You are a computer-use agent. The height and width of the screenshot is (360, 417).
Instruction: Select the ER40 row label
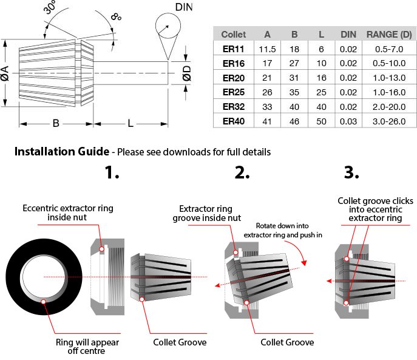tap(233, 121)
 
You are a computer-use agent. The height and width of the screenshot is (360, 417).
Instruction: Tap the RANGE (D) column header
tap(389, 35)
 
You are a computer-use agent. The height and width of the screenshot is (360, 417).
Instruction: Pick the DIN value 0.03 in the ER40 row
tap(348, 121)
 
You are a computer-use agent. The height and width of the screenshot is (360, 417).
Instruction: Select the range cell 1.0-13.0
tap(389, 78)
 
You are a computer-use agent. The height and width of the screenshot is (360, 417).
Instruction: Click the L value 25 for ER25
tap(321, 92)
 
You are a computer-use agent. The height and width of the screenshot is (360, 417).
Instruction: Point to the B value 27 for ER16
tap(294, 63)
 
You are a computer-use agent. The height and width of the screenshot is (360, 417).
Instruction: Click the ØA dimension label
tap(5, 73)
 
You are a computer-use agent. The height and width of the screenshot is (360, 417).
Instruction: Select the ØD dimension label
tap(187, 73)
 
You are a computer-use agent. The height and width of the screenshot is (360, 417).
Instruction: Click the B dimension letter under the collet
tap(55, 124)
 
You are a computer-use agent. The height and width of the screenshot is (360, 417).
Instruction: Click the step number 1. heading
tap(112, 172)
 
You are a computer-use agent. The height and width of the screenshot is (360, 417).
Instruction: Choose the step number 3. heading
tap(351, 172)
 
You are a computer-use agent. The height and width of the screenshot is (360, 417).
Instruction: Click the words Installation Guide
tap(61, 151)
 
